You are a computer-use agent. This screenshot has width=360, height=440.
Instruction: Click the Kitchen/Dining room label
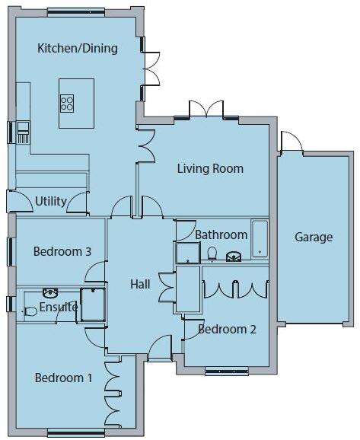coord(78,49)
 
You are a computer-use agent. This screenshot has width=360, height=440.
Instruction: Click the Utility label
coord(50,202)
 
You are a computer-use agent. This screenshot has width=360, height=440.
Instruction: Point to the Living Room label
coord(210,168)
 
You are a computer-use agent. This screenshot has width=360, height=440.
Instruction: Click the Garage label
coord(314,237)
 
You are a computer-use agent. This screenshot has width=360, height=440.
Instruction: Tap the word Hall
coord(140,284)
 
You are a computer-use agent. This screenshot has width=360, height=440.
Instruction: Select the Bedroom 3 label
coord(62,251)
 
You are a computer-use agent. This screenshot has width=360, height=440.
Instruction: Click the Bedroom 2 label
coord(227,329)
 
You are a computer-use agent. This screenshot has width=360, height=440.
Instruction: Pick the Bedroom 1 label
coord(62,378)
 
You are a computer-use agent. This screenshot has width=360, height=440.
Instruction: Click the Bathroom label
coord(221,234)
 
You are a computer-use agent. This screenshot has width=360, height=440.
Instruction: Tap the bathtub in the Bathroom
coord(260,239)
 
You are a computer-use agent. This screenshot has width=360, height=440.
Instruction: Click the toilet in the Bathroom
coord(212,254)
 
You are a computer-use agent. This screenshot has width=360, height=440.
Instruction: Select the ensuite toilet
coord(30,311)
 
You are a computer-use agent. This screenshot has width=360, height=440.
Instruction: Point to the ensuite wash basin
coord(51,292)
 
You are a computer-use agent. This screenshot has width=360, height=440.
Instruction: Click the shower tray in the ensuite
coord(94,304)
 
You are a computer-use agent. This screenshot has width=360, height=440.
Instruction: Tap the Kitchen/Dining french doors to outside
coord(151,69)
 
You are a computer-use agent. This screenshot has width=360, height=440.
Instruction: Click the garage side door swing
coord(290,142)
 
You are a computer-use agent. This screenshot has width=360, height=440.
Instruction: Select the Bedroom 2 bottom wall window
coord(226,371)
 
